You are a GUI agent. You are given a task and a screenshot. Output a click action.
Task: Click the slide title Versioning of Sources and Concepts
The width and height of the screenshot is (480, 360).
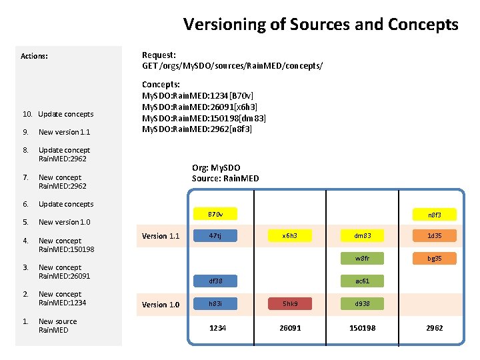tap(321, 25)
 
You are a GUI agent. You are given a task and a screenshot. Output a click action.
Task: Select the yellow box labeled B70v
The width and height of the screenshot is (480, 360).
tap(215, 215)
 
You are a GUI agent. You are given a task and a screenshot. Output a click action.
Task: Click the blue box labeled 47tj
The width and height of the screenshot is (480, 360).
tap(215, 235)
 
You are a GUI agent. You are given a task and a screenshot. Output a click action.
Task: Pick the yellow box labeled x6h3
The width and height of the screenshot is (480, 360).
tap(289, 235)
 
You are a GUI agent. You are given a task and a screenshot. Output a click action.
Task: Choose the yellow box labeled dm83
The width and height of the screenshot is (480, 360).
tap(362, 235)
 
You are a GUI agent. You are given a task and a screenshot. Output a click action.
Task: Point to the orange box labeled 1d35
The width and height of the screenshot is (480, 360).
tap(434, 235)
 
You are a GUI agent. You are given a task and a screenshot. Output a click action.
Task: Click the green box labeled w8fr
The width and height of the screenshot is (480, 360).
tap(362, 258)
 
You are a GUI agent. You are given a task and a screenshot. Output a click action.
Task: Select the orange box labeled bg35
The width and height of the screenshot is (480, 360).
tap(434, 258)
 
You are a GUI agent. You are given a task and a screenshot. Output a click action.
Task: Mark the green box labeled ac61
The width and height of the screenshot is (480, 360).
tap(362, 281)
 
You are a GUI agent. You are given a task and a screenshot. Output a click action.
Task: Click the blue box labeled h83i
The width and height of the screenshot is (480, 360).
tap(215, 303)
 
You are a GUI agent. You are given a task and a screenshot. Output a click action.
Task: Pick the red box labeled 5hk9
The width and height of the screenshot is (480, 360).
tap(289, 303)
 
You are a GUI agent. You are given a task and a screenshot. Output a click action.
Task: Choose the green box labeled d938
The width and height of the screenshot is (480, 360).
tap(362, 303)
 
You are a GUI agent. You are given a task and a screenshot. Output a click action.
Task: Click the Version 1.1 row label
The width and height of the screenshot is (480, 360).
tap(161, 236)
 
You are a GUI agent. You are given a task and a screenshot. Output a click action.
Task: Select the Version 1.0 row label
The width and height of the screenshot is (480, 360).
tap(161, 305)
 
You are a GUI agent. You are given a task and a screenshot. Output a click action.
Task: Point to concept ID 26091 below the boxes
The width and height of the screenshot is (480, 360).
tap(290, 328)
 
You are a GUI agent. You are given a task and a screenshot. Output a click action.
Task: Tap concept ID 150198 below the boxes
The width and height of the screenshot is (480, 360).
tap(363, 328)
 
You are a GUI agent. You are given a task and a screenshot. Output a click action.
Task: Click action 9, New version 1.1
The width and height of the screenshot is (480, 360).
tap(64, 132)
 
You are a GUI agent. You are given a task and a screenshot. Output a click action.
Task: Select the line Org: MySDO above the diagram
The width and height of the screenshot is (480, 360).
tap(216, 168)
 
